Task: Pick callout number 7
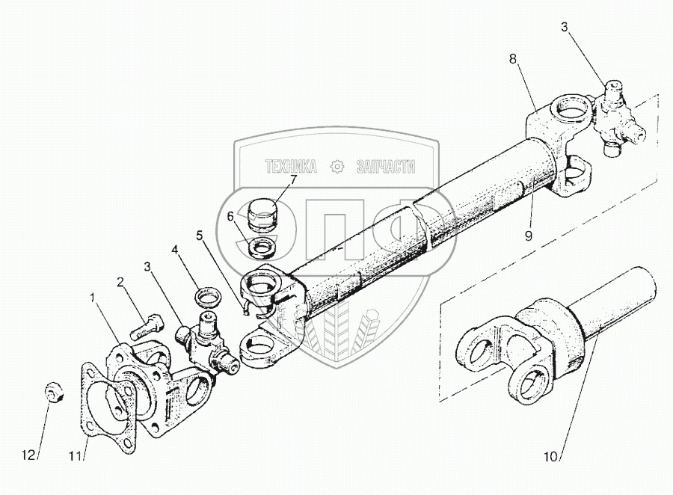coord(292,179)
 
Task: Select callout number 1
coord(93,298)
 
